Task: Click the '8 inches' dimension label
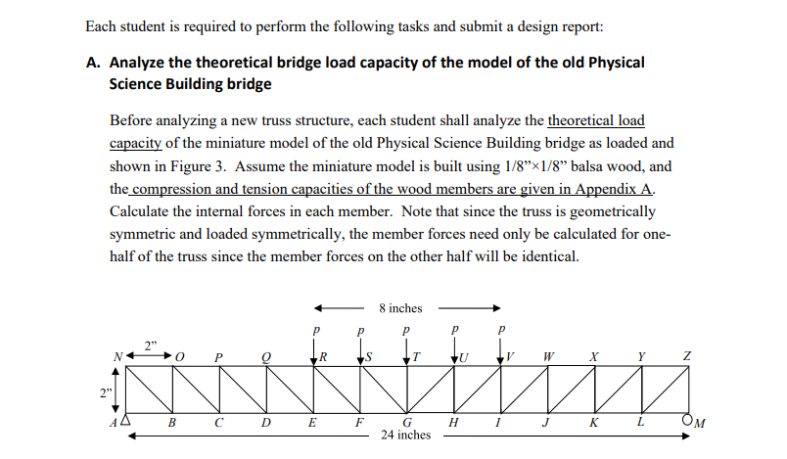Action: pos(400,308)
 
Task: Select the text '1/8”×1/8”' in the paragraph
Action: pos(540,166)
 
